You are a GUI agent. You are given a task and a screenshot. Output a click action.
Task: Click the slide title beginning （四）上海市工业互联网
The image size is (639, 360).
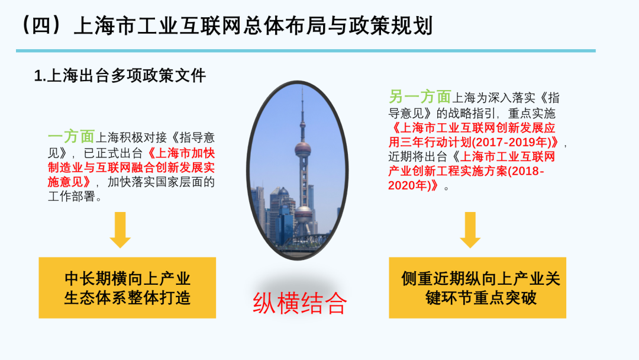(x=225, y=25)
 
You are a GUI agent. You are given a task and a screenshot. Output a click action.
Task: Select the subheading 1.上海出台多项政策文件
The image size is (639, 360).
(x=120, y=76)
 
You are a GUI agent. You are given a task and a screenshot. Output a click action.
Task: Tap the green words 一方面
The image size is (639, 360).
(x=72, y=137)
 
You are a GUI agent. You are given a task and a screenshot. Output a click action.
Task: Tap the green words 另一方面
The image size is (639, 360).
(x=419, y=97)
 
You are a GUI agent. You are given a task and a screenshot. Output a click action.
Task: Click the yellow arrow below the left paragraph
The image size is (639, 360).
(x=120, y=230)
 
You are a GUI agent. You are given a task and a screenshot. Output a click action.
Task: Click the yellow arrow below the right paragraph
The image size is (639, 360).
(x=470, y=230)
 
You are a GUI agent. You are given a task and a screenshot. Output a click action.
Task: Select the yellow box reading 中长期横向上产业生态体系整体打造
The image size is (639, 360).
(x=127, y=288)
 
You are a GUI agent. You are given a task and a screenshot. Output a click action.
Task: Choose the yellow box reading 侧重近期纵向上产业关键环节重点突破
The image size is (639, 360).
(x=477, y=288)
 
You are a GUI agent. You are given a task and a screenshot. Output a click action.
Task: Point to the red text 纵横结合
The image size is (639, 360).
(x=299, y=303)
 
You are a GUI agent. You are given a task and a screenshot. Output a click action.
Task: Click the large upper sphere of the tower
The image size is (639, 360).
(x=303, y=150)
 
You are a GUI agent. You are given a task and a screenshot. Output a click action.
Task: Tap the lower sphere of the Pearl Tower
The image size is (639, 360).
(x=304, y=214)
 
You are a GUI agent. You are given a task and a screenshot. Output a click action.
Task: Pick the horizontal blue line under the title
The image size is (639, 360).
(x=306, y=51)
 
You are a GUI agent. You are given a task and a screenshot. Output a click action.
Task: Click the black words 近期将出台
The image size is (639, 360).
(x=418, y=156)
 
